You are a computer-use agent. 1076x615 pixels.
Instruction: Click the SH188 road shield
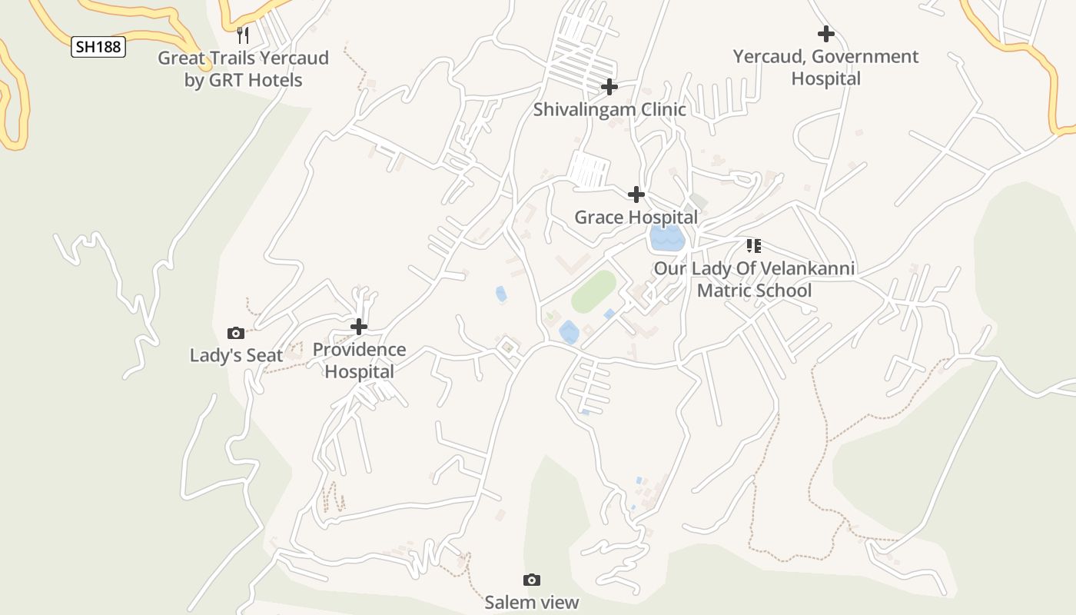coord(98,47)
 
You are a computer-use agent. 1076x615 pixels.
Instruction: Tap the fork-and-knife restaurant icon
coord(243,35)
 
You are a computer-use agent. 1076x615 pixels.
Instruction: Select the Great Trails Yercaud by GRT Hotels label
coord(243,69)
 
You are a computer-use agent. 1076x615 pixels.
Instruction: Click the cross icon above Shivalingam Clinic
coord(609,87)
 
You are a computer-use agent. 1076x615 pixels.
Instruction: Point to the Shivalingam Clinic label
coord(609,109)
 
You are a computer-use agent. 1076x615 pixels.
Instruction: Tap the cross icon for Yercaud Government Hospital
coord(825,34)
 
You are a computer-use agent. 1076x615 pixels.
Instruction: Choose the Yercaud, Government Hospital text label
coord(825,68)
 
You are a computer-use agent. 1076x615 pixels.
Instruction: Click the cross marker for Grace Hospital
coord(636,194)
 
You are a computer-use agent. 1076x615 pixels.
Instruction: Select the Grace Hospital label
coord(636,218)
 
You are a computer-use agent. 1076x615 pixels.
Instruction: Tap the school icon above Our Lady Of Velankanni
coord(753,246)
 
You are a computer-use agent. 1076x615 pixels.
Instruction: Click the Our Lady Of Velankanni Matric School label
coord(754,280)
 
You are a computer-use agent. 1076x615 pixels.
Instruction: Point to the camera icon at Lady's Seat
coord(236,333)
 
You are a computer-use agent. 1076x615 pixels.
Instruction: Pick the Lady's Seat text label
coord(236,356)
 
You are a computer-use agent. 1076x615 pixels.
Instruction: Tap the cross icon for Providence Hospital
coord(358,327)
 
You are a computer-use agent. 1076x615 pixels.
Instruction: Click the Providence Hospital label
coord(359,361)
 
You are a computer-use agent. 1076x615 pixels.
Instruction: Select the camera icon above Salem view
coord(531,580)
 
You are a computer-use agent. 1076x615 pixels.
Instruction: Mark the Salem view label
coord(531,602)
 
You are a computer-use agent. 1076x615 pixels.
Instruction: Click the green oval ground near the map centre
coord(593,291)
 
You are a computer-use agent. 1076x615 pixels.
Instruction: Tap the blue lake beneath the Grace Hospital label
coord(666,238)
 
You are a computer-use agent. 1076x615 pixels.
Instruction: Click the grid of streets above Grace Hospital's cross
coord(588,170)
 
